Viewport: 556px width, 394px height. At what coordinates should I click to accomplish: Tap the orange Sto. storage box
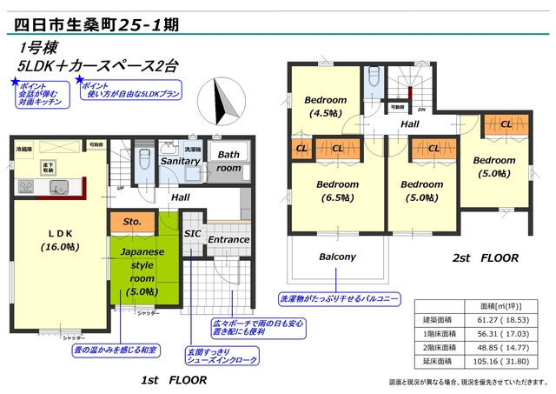point(132,222)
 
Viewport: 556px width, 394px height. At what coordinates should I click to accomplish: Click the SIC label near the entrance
point(192,234)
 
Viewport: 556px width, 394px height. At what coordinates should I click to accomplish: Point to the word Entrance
point(228,239)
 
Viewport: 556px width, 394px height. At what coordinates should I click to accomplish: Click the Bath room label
point(228,162)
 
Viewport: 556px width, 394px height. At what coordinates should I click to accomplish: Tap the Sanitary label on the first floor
point(181,162)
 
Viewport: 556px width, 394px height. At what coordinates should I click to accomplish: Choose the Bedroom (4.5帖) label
point(326,105)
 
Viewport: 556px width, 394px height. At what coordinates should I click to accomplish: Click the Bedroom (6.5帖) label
point(337,190)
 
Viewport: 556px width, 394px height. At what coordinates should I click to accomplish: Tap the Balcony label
point(338,257)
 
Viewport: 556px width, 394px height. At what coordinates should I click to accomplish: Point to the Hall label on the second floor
point(410,125)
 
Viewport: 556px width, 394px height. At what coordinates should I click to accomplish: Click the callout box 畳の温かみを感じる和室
point(116,351)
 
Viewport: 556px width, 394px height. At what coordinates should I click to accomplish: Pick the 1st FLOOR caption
point(174,381)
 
